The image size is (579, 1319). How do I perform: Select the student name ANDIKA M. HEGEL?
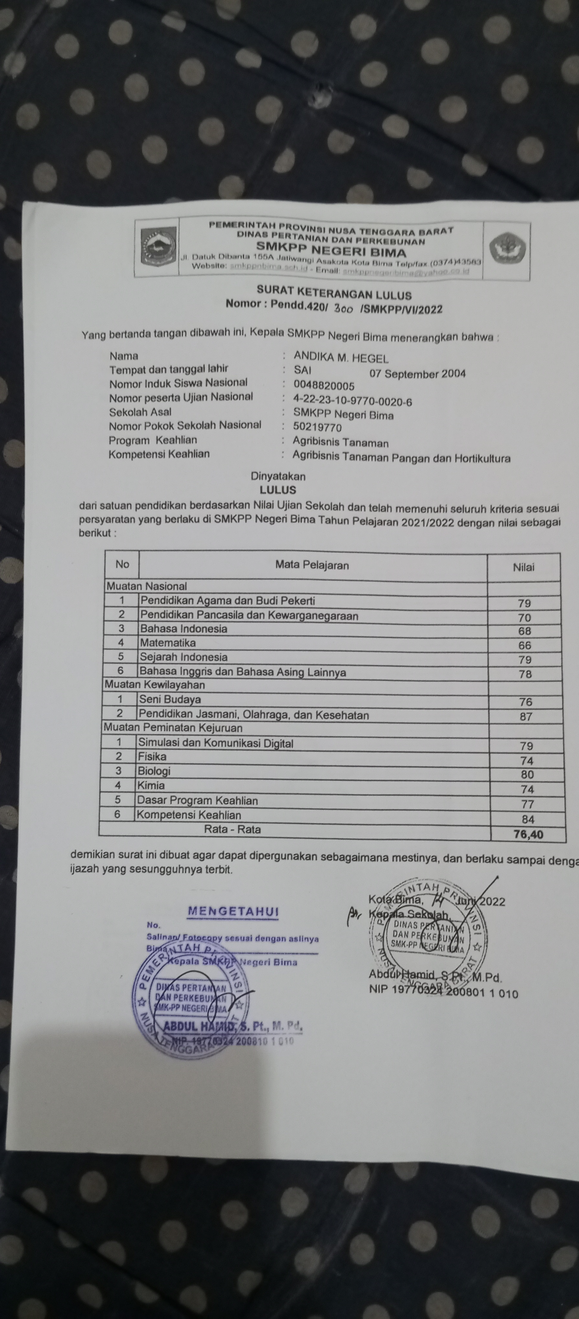tap(341, 358)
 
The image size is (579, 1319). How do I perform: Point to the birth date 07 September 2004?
tap(417, 374)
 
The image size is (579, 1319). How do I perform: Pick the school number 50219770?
tap(317, 427)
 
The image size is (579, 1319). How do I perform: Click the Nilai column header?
tap(523, 567)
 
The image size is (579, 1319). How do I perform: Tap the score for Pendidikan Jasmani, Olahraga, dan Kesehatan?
tap(526, 717)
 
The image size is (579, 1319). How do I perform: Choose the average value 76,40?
tap(528, 835)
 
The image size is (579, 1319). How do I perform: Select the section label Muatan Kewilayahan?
tap(155, 685)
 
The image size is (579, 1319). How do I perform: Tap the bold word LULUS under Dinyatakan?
tap(278, 490)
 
